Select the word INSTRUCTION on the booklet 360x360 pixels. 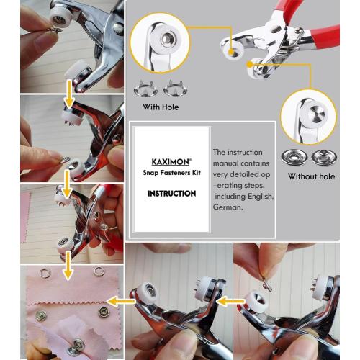171,194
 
